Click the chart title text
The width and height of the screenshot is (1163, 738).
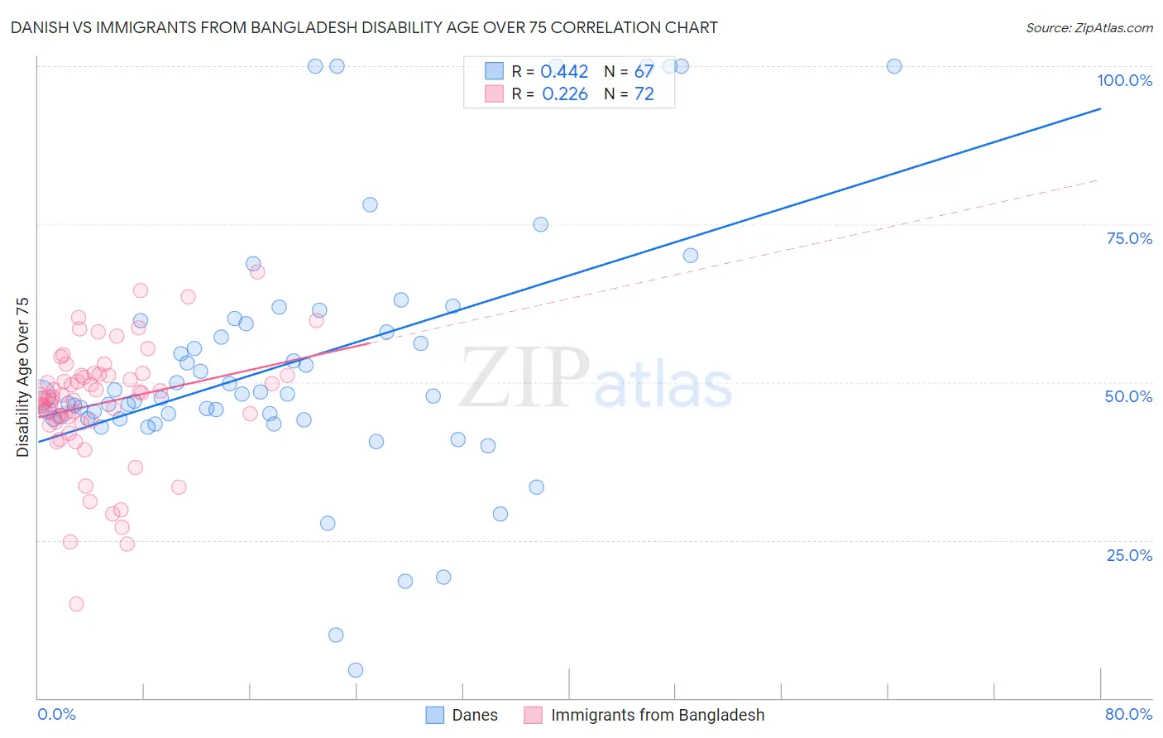(x=364, y=27)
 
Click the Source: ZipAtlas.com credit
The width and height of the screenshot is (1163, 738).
(x=1089, y=27)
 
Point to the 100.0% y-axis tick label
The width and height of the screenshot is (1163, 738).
(x=1124, y=80)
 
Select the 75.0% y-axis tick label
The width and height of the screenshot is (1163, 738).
(x=1129, y=238)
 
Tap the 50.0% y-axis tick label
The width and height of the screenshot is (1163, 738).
(x=1128, y=396)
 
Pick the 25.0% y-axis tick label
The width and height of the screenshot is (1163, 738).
(x=1129, y=554)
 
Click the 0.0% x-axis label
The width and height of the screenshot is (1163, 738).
(x=56, y=714)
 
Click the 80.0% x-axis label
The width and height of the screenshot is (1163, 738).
(x=1128, y=714)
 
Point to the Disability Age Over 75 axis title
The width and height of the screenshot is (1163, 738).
(x=22, y=377)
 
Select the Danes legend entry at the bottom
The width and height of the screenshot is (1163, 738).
(x=474, y=715)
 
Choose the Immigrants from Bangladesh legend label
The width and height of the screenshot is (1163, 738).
(x=658, y=715)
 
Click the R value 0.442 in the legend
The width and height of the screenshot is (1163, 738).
(x=564, y=72)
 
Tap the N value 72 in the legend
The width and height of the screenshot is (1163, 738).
(x=644, y=94)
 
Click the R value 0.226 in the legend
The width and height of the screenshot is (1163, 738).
(x=564, y=94)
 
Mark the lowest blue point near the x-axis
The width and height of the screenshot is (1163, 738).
(x=356, y=670)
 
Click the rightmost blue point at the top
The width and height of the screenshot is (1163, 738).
(x=894, y=66)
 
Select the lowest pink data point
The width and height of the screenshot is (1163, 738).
(x=76, y=604)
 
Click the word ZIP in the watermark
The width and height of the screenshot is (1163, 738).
(x=524, y=377)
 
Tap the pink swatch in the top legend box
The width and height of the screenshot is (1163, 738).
(x=494, y=93)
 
